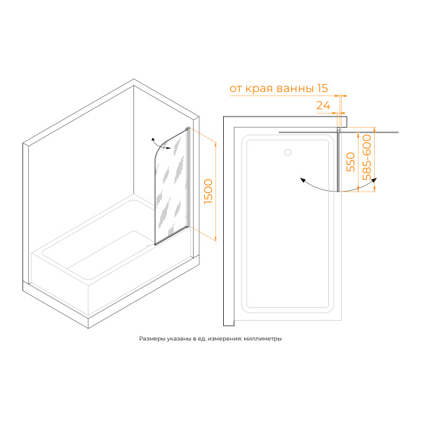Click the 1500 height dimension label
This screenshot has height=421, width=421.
click(x=208, y=192)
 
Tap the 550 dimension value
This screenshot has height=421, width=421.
click(x=351, y=162)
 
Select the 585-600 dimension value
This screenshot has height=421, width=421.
click(x=367, y=157)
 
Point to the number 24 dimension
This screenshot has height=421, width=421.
click(x=323, y=105)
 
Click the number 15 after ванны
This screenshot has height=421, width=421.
click(x=323, y=88)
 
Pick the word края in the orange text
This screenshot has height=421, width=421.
click(x=260, y=89)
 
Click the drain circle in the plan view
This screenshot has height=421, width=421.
click(x=288, y=152)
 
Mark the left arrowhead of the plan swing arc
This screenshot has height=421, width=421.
click(x=303, y=180)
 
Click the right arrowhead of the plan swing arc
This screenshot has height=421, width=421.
click(x=374, y=180)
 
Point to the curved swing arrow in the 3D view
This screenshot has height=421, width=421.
click(x=161, y=144)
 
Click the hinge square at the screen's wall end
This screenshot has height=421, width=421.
click(x=339, y=129)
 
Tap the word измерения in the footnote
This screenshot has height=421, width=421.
click(x=225, y=339)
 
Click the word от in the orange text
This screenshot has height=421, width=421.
click(x=236, y=89)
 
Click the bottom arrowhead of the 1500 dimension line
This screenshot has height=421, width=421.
click(x=215, y=239)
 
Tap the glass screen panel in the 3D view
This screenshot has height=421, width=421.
click(x=171, y=187)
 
